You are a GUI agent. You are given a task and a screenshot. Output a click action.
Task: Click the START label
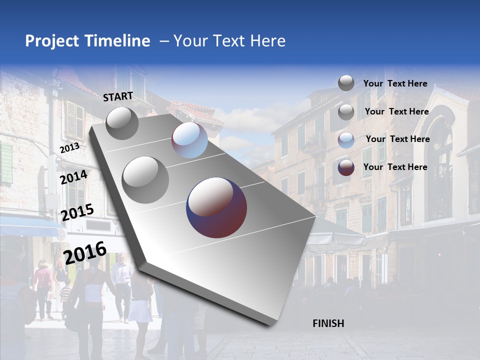click(118, 96)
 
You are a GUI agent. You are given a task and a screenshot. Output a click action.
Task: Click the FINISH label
click(328, 323)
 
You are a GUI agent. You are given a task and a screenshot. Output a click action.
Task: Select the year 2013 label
click(69, 148)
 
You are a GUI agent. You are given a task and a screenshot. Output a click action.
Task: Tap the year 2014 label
click(74, 177)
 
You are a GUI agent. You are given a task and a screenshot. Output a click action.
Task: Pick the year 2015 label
click(77, 213)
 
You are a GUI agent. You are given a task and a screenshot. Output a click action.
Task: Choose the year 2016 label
click(85, 252)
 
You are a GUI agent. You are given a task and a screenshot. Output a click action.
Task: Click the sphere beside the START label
click(122, 123)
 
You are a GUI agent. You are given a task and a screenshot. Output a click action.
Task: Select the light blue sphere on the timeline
click(189, 140)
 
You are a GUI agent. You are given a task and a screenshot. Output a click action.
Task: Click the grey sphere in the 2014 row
click(145, 179)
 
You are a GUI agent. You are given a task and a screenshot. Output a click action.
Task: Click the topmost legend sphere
click(346, 83)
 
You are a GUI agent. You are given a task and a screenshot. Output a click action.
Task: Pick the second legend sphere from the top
click(346, 112)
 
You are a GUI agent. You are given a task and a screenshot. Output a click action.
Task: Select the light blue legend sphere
click(346, 140)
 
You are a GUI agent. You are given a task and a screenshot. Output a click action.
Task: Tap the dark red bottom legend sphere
click(346, 167)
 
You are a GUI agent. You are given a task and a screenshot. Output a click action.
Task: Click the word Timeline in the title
click(117, 41)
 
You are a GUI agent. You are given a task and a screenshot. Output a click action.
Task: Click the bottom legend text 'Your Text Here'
click(395, 167)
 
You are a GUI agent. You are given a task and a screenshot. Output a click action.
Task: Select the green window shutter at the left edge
click(6, 162)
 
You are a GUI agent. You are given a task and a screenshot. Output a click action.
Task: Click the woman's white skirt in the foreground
click(140, 310)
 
